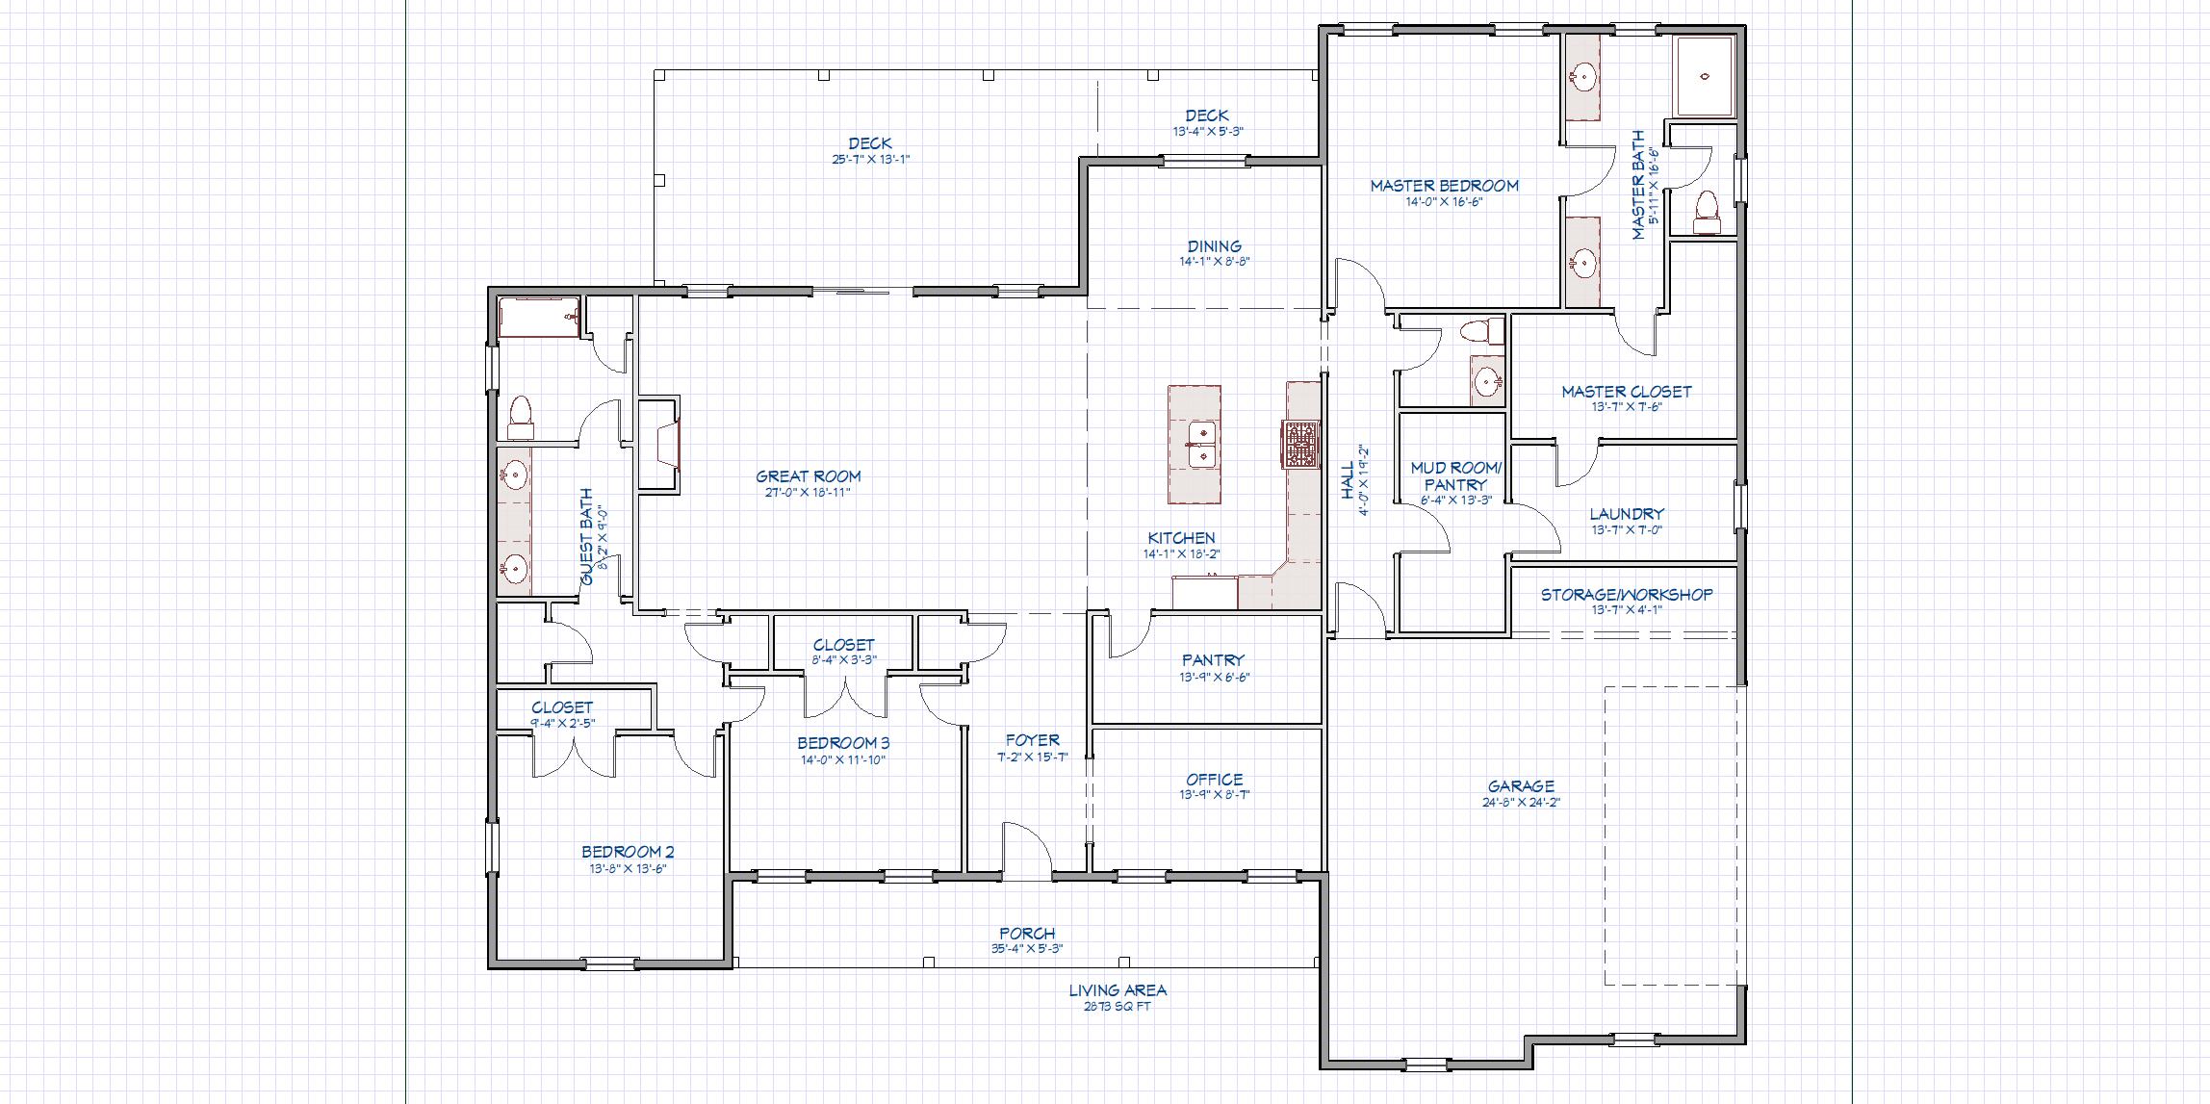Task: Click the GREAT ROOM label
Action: click(x=808, y=475)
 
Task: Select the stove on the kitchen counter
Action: click(x=1299, y=445)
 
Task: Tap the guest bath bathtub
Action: click(x=539, y=318)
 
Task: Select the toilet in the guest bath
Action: click(x=521, y=417)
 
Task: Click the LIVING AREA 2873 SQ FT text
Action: click(x=1118, y=997)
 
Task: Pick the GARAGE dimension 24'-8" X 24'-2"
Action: click(x=1521, y=801)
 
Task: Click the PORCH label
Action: click(x=1027, y=933)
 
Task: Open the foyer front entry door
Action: click(x=1027, y=851)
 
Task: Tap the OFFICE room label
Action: click(x=1214, y=779)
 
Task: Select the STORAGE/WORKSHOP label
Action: click(x=1626, y=594)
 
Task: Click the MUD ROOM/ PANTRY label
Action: click(x=1454, y=475)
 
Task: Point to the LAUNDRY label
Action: click(x=1626, y=514)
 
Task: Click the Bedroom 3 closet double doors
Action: click(x=845, y=696)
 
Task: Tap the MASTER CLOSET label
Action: click(x=1626, y=391)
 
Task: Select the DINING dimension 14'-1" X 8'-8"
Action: click(x=1214, y=261)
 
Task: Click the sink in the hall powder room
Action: click(x=1487, y=381)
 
